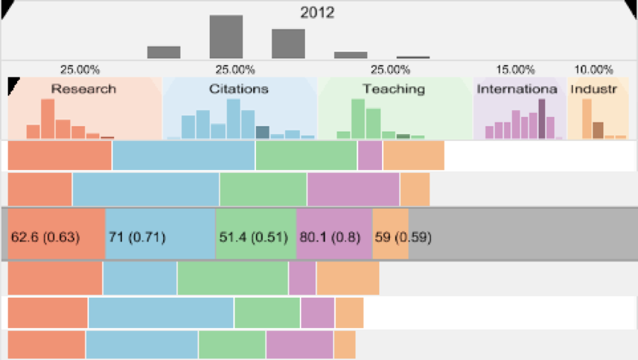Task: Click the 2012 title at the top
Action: [317, 13]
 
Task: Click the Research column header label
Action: [84, 89]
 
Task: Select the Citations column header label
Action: [239, 89]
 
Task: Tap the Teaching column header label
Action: [394, 89]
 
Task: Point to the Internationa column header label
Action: [518, 89]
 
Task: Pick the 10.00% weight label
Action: [593, 69]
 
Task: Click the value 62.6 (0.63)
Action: [45, 237]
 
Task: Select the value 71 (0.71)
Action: [137, 237]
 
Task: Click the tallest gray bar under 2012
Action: [226, 37]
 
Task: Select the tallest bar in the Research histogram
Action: [47, 118]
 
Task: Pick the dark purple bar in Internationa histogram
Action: [542, 118]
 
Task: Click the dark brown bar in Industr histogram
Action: [598, 130]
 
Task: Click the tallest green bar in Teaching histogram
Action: [358, 118]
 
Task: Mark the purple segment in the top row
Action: [370, 156]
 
